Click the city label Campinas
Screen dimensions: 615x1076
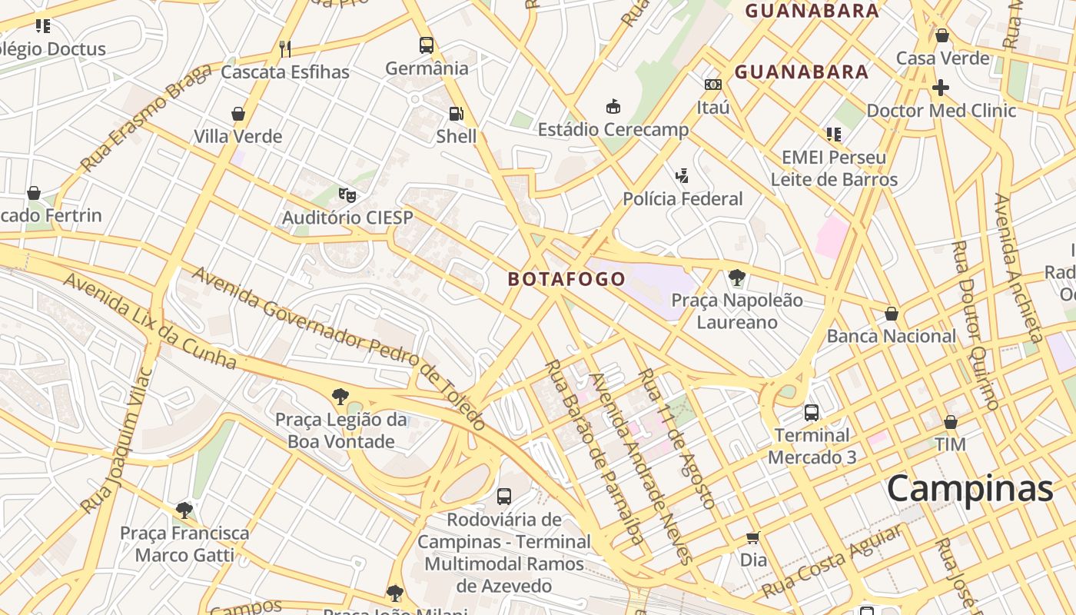(x=969, y=489)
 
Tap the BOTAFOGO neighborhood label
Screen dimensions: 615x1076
(x=566, y=279)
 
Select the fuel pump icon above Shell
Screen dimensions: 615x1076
(x=457, y=114)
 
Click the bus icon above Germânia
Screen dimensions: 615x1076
(x=427, y=45)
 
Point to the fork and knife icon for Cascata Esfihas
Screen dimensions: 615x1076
(x=285, y=49)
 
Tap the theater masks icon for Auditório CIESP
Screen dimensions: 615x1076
(x=347, y=195)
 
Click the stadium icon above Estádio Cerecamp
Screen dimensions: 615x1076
(x=613, y=106)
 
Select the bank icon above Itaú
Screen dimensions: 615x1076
(x=712, y=85)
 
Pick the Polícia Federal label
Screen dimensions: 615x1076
(x=682, y=199)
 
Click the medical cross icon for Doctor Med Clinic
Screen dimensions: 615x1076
(x=941, y=88)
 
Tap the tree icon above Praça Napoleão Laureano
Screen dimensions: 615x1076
(x=737, y=277)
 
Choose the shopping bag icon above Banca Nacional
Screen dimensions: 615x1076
(x=892, y=314)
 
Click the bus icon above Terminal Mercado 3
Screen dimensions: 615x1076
(x=812, y=413)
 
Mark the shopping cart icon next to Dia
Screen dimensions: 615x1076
(x=753, y=537)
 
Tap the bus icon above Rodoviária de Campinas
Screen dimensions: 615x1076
(x=504, y=497)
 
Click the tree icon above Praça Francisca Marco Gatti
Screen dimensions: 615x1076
(x=184, y=510)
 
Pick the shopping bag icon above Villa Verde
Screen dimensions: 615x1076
(x=238, y=114)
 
